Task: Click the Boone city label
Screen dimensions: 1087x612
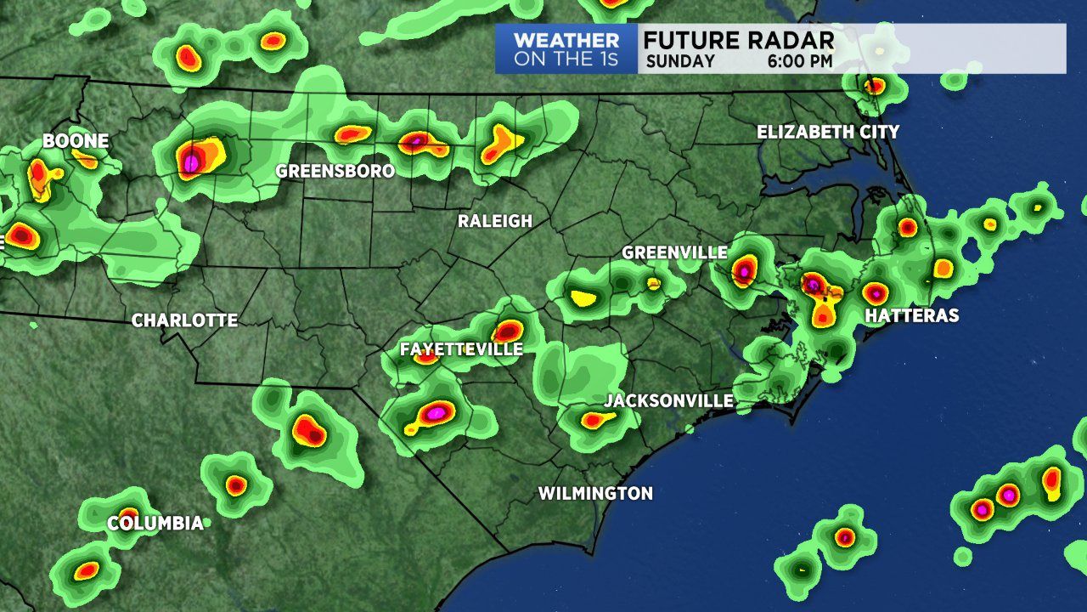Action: click(76, 141)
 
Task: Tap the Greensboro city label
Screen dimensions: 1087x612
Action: click(335, 171)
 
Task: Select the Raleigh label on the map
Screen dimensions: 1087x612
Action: click(495, 221)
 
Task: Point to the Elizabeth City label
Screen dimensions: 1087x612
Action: click(828, 132)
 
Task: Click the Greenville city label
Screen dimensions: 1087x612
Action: click(674, 252)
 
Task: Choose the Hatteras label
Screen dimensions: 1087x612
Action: click(911, 316)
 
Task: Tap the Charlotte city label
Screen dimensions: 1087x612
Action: click(184, 320)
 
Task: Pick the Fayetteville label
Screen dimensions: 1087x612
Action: click(461, 349)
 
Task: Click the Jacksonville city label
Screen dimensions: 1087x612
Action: click(669, 400)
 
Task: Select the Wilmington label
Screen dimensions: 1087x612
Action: click(595, 493)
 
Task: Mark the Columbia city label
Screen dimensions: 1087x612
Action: click(155, 523)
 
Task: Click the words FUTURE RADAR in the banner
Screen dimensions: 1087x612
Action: click(738, 41)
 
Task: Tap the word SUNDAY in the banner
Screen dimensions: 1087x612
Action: click(680, 61)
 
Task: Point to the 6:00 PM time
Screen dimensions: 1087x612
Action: click(800, 61)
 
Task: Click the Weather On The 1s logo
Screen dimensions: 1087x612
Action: click(566, 49)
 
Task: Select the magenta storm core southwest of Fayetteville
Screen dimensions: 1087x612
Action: click(436, 412)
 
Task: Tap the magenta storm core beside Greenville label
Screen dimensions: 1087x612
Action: click(744, 271)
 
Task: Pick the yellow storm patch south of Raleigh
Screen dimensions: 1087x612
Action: click(583, 297)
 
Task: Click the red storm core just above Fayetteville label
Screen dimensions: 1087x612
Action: click(508, 331)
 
